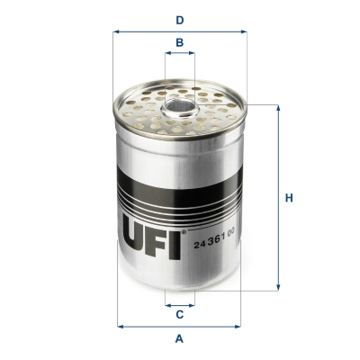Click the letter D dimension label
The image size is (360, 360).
tap(180, 19)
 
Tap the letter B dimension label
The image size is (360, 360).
tap(180, 42)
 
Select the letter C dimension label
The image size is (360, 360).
tap(180, 314)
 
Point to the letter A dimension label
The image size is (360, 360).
tap(180, 339)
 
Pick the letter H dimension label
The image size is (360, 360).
tap(289, 198)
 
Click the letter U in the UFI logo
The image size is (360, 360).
tap(132, 238)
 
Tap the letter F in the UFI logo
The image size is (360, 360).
tap(157, 238)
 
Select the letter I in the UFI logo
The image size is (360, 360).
tap(175, 238)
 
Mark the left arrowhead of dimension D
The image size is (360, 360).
tap(118, 31)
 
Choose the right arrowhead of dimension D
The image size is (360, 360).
tap(243, 31)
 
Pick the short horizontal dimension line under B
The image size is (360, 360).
tap(180, 55)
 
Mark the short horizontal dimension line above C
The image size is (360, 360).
tap(180, 303)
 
